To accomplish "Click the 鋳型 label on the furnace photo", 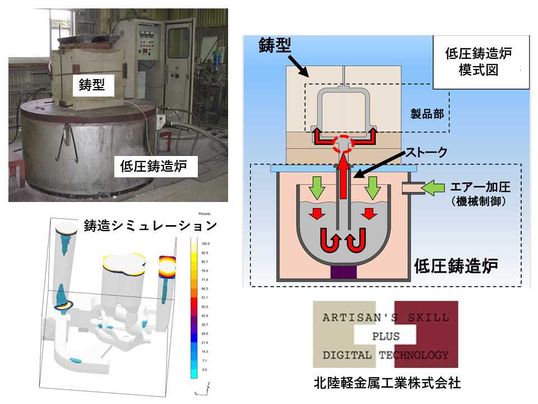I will [94, 85].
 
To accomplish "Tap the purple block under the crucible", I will [342, 273].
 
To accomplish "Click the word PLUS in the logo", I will [386, 336].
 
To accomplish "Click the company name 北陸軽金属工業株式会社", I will [387, 384].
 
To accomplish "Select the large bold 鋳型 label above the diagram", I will [275, 46].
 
